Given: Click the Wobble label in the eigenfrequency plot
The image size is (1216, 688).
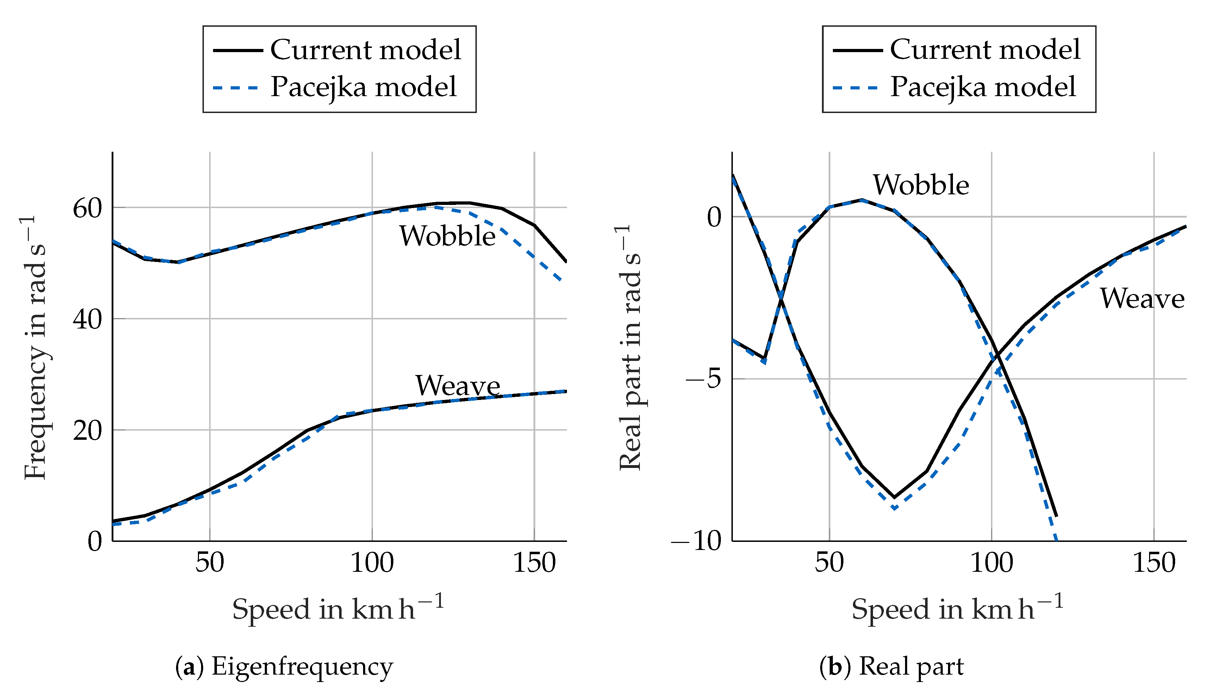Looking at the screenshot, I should point(447,236).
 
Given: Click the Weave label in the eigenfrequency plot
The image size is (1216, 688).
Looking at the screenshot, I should point(457,386).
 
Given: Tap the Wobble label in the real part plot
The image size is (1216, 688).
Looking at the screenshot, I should point(921,185).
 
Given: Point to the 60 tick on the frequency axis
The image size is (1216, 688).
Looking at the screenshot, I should point(87,208).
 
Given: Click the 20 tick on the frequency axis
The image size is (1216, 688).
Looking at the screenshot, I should point(87,431).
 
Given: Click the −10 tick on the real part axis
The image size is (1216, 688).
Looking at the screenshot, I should point(697,540).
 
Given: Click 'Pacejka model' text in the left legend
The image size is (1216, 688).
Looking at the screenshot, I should point(363,87).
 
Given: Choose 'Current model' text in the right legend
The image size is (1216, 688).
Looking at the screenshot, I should point(985,49).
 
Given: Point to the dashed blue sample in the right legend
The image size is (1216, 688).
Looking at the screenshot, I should point(855,88).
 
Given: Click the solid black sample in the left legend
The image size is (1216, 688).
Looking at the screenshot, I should point(238,50).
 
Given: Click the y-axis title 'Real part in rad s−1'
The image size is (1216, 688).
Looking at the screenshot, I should point(630,347).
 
